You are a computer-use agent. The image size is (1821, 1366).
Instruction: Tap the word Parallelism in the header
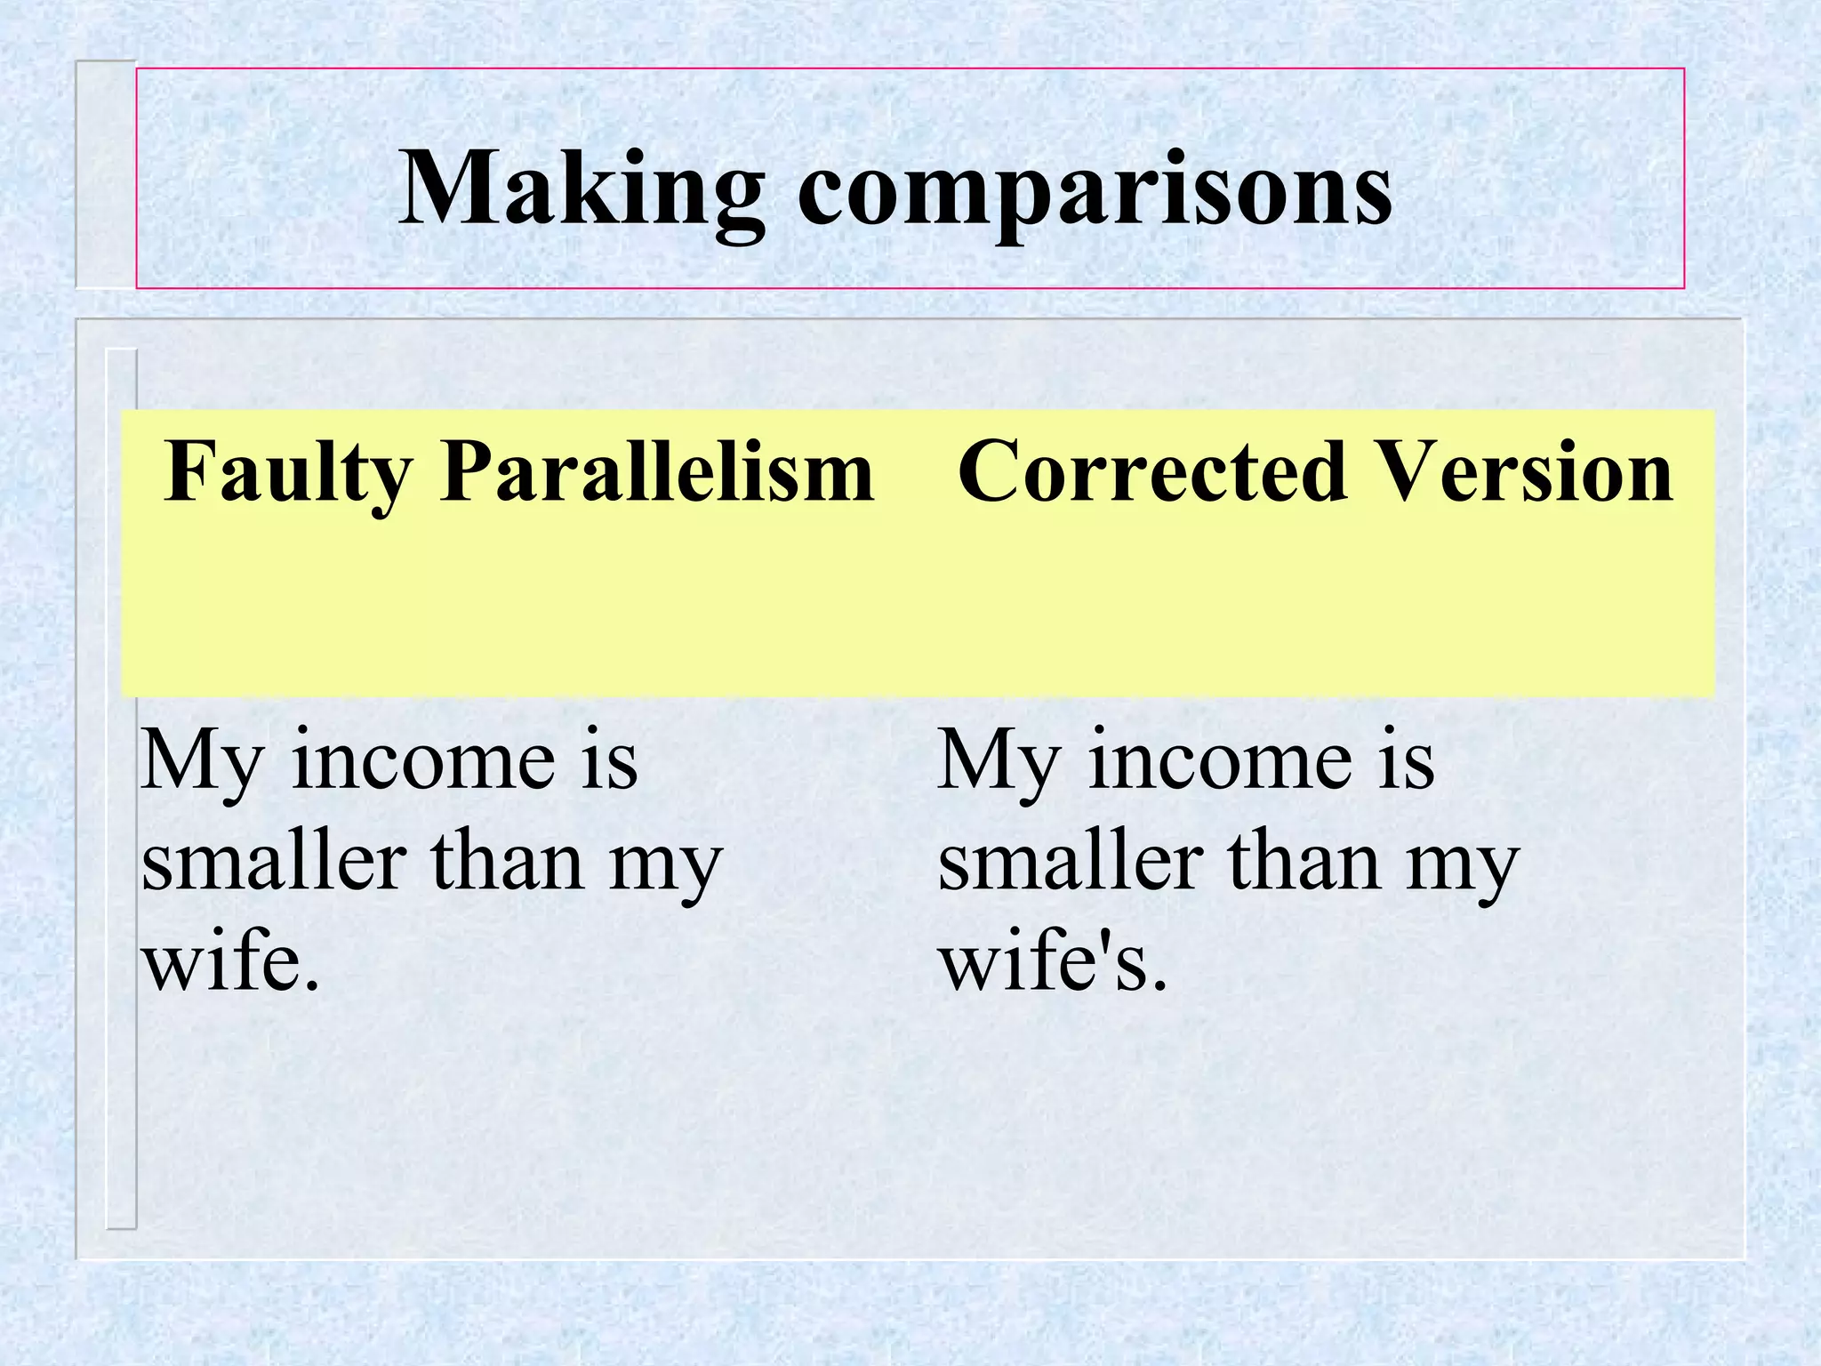coord(656,471)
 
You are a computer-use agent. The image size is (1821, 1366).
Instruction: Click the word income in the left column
coord(423,761)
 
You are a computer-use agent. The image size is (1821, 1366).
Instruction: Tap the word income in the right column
coord(1220,761)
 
